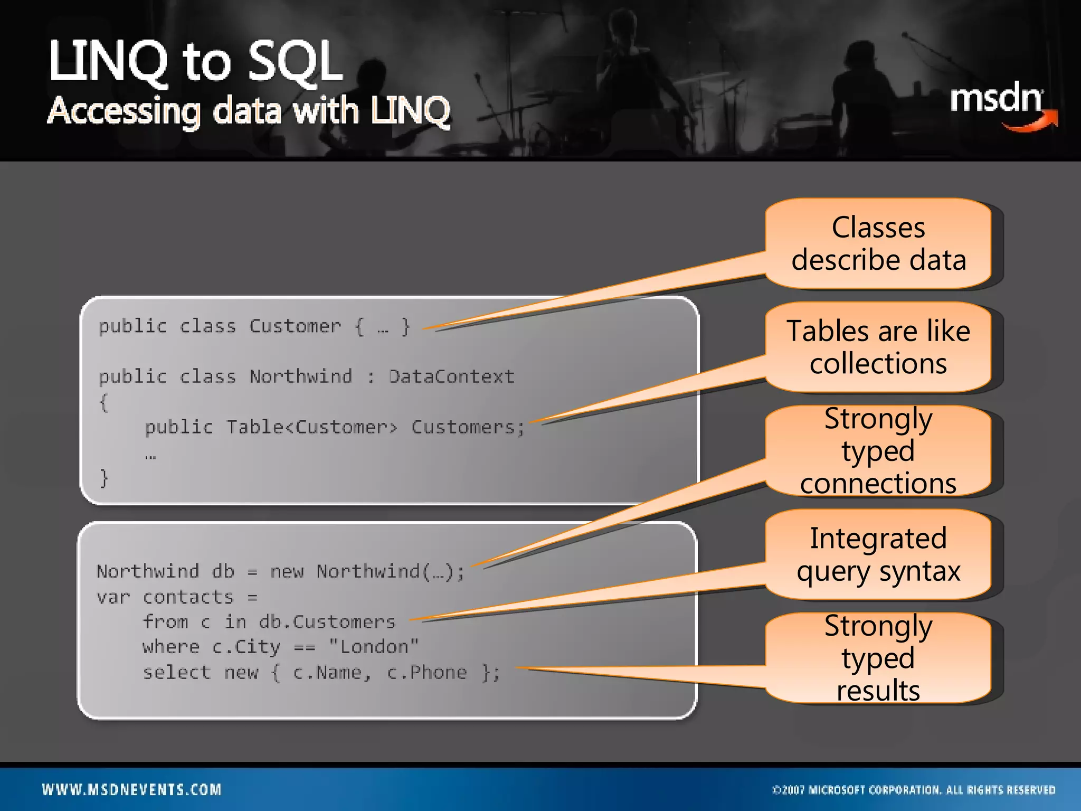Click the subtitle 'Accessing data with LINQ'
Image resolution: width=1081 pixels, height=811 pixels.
pos(248,111)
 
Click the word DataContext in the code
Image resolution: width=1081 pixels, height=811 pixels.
pos(451,376)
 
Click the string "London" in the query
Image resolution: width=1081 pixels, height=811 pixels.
pos(374,646)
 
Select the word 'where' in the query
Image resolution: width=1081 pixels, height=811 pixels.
pos(171,647)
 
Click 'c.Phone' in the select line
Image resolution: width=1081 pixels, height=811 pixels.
pos(427,672)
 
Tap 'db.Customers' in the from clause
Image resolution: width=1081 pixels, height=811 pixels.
pos(327,622)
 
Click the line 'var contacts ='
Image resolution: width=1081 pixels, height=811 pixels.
pos(177,597)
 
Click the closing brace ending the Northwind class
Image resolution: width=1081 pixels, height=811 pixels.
pos(104,478)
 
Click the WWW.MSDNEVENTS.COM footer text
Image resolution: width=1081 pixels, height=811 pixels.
pos(132,789)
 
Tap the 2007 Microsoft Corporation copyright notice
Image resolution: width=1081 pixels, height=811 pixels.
pos(914,790)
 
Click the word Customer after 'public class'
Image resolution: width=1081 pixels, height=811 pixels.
pos(295,326)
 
